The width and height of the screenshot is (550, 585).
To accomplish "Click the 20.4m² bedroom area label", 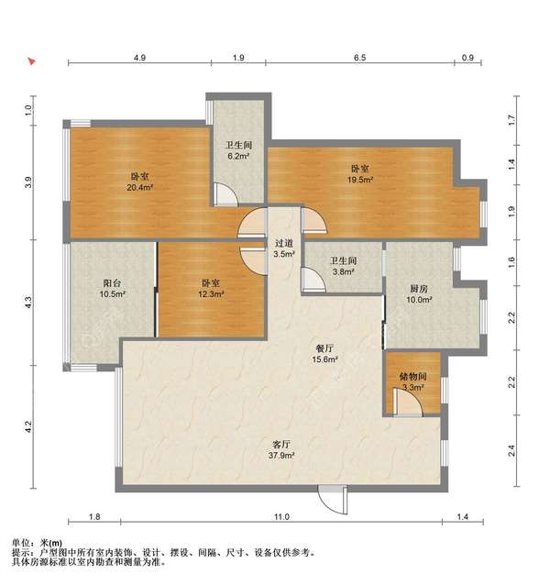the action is (x=140, y=188).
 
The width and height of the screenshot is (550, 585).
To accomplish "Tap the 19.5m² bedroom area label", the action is (x=360, y=180).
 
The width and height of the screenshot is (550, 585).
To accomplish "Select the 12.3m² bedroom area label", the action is (x=211, y=294).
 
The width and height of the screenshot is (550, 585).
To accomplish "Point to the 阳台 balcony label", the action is (x=112, y=283).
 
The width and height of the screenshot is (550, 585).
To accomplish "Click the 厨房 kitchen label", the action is (x=419, y=289).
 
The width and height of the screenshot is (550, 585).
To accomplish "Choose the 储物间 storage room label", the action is (x=412, y=377).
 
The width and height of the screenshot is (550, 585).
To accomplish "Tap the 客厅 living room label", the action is (x=281, y=445).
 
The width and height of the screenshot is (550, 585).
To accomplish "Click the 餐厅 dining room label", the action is (x=324, y=348).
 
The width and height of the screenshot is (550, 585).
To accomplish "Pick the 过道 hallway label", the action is (x=284, y=243).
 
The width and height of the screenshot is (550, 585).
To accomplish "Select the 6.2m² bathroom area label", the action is (x=238, y=156).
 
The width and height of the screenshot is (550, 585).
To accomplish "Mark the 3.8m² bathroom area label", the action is (x=344, y=272).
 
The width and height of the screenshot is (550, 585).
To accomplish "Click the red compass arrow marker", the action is (x=32, y=61).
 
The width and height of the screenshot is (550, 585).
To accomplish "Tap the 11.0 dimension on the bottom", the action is (x=282, y=517).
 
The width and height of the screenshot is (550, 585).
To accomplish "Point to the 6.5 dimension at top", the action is (x=360, y=58).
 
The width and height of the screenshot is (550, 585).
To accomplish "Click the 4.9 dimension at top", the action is (x=139, y=58).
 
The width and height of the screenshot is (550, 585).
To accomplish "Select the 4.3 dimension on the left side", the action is (x=28, y=302).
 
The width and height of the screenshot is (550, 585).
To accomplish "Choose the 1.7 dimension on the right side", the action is (x=511, y=120).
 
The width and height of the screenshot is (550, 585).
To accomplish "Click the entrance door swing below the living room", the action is (x=333, y=500).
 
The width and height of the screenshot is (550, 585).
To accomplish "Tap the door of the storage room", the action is (x=408, y=403).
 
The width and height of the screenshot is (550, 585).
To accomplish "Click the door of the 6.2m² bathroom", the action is (x=225, y=194).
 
